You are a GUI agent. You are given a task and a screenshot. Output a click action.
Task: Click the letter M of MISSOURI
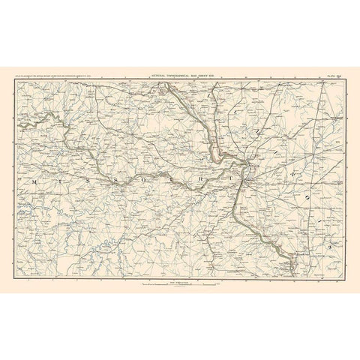tap(34, 181)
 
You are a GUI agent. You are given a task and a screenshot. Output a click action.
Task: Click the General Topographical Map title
tap(179, 75)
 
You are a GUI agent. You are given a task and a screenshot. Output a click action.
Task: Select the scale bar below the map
tap(180, 283)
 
